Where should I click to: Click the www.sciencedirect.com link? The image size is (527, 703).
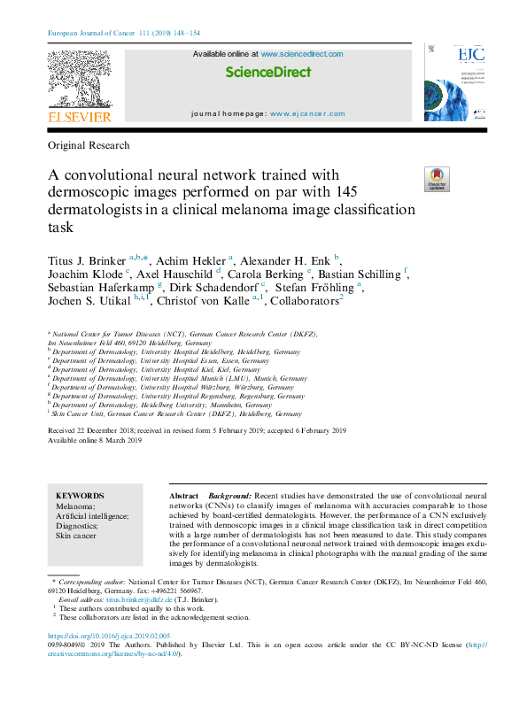302,54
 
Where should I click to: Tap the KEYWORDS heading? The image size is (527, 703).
79,495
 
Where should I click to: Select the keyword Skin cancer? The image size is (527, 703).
78,537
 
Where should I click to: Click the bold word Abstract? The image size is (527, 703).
183,495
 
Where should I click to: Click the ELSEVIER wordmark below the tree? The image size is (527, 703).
79,118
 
